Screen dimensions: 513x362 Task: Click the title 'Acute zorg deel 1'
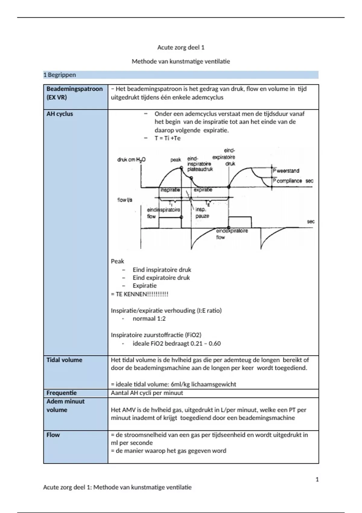point(181,47)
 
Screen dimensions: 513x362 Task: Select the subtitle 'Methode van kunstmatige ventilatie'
point(181,62)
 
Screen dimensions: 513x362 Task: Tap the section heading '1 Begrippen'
point(60,75)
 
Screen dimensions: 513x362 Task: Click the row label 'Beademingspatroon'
point(75,89)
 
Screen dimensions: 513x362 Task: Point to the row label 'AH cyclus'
point(60,114)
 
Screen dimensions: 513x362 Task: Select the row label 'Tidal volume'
point(64,360)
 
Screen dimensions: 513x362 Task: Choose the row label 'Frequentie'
point(62,393)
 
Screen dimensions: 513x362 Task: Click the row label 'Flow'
point(53,435)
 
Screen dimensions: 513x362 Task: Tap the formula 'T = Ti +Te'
point(167,138)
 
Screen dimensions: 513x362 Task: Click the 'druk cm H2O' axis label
point(131,160)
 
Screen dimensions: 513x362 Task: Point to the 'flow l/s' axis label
point(125,200)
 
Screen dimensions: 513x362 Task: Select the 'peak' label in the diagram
point(176,160)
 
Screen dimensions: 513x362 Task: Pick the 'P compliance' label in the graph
point(287,181)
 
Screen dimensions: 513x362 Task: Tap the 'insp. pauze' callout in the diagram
point(202,213)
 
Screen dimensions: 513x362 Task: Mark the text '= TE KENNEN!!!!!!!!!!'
point(139,294)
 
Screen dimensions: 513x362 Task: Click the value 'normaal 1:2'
point(149,319)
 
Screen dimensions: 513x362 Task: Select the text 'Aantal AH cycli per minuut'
point(147,393)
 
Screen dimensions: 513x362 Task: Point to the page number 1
point(317,479)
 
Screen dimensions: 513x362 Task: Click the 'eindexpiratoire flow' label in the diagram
point(232,234)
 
